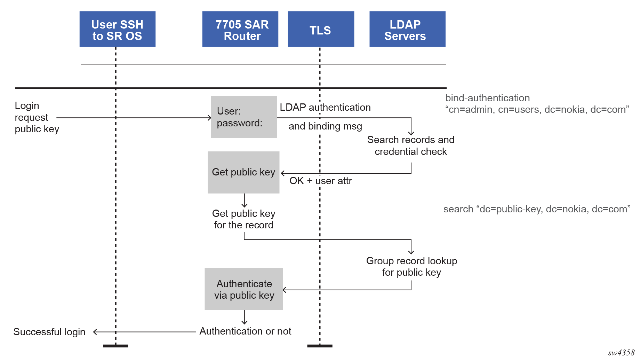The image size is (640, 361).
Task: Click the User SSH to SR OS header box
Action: pyautogui.click(x=117, y=29)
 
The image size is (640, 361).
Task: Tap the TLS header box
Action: pyautogui.click(x=321, y=29)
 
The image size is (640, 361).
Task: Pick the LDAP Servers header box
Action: pyautogui.click(x=407, y=29)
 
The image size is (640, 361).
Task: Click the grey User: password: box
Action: pyautogui.click(x=244, y=117)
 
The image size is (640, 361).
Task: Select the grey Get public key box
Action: pyautogui.click(x=243, y=172)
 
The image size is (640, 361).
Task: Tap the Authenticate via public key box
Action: pyautogui.click(x=243, y=289)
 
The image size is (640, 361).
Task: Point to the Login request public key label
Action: pyautogui.click(x=37, y=117)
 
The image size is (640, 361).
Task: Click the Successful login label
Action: pyautogui.click(x=49, y=332)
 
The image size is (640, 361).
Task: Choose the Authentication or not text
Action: pyautogui.click(x=245, y=331)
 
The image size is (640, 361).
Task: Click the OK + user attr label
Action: pyautogui.click(x=320, y=181)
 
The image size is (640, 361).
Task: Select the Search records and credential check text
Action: pyautogui.click(x=410, y=146)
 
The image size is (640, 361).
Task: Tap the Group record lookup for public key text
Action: pyautogui.click(x=411, y=267)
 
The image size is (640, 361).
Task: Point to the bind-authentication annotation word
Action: pyautogui.click(x=487, y=98)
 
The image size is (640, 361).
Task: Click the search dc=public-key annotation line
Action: pyautogui.click(x=537, y=209)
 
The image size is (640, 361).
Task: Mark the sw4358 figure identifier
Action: pyautogui.click(x=621, y=353)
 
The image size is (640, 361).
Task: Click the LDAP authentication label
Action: pyautogui.click(x=325, y=108)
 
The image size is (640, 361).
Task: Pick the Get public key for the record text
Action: pyautogui.click(x=243, y=219)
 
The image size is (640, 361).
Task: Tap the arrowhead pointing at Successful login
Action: pyautogui.click(x=95, y=332)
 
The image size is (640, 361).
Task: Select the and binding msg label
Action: pyautogui.click(x=325, y=126)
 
